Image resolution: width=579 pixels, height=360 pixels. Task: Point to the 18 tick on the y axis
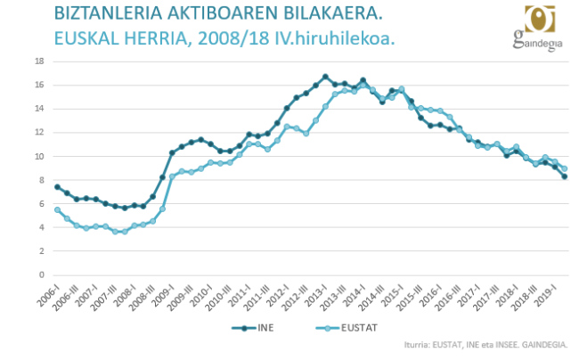point(40,61)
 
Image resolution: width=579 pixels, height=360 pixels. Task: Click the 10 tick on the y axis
point(40,156)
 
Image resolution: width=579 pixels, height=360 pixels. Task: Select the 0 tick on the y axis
point(43,274)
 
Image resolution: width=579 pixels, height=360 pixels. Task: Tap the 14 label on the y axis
point(40,109)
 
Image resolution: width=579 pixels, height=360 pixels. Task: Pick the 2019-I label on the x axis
point(546,290)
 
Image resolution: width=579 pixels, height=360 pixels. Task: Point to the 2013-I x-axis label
point(318,290)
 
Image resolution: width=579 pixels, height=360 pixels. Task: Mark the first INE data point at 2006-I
point(58,187)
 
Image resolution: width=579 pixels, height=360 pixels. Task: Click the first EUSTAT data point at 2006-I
point(58,209)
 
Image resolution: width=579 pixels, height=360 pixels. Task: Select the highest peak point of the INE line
point(325,77)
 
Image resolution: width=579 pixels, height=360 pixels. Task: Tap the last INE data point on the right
point(564,176)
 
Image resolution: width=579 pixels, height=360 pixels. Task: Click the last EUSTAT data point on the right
point(564,168)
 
